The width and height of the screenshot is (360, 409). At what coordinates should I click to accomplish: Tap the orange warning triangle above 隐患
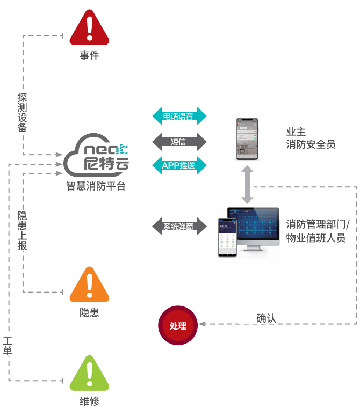89,286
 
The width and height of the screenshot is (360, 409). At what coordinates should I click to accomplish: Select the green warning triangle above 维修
89,374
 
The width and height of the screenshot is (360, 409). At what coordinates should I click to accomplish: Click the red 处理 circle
178,325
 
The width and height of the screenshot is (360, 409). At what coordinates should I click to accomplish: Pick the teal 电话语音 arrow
179,116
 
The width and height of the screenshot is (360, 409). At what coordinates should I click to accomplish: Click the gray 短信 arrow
179,142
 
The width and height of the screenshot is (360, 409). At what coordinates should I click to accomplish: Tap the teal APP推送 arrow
179,165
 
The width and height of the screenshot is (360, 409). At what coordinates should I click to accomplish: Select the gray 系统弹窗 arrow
179,226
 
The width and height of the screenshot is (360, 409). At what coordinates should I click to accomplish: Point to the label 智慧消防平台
96,187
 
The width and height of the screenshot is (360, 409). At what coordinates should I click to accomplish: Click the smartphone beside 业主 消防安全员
247,139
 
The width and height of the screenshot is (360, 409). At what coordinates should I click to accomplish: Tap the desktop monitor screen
254,226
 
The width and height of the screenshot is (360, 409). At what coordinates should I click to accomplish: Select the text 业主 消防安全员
311,138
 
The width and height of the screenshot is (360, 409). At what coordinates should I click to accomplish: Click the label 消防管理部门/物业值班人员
318,231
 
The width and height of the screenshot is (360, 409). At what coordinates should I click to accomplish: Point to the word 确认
267,318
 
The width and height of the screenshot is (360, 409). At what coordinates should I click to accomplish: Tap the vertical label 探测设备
22,112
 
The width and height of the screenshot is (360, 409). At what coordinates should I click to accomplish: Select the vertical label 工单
8,346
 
